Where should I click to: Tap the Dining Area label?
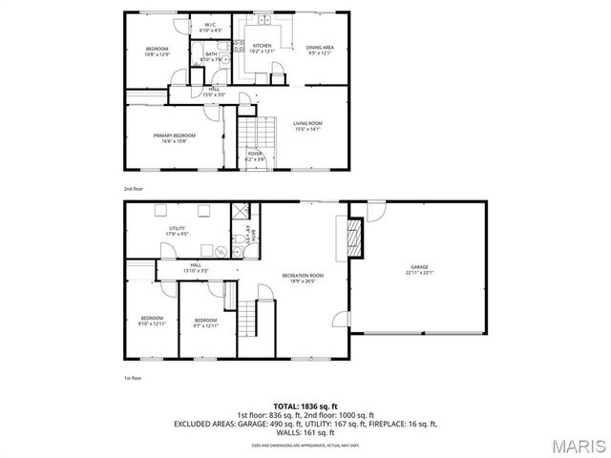coord(320,49)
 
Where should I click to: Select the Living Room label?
coord(307,125)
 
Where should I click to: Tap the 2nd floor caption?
coord(133,188)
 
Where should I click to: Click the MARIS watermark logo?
coord(577,446)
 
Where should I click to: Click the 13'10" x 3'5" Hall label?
coord(196,268)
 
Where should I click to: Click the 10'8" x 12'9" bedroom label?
coord(157,52)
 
